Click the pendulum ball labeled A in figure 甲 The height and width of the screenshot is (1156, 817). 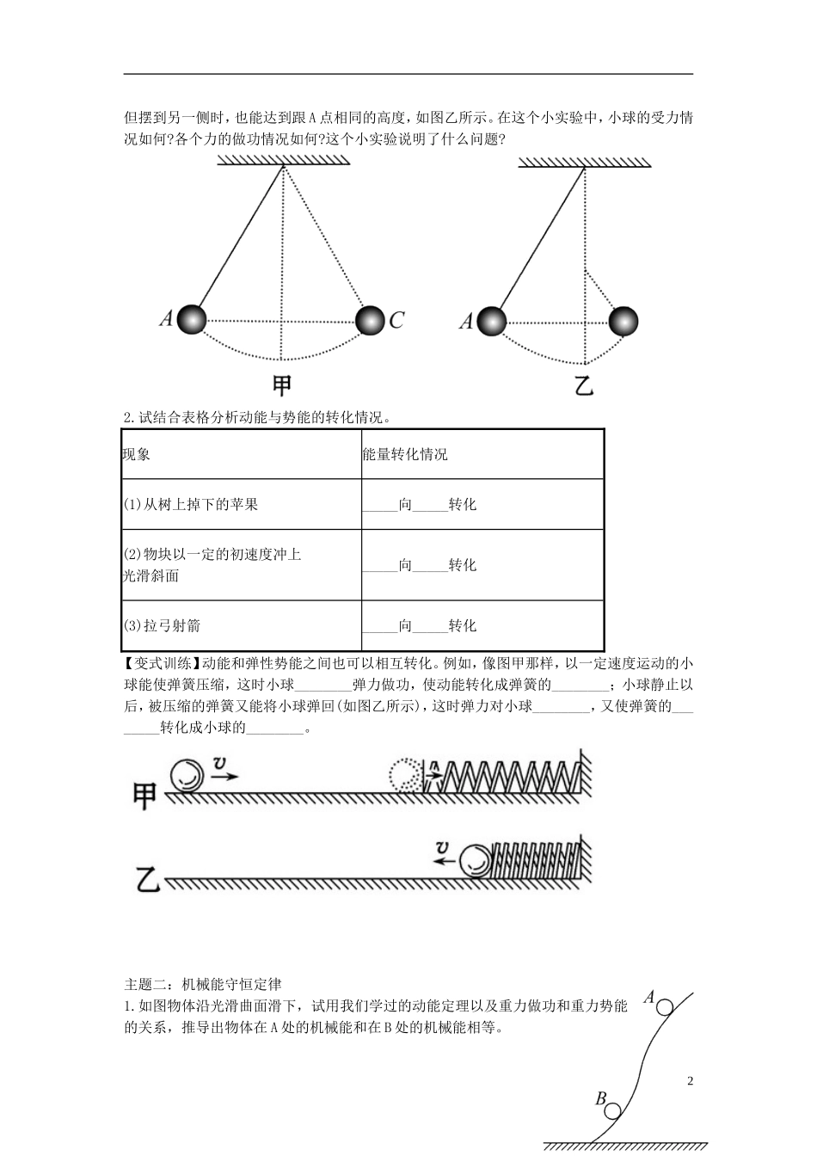pos(191,319)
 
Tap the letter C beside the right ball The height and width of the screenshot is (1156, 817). pos(396,321)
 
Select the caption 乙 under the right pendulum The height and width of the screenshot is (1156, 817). pos(584,384)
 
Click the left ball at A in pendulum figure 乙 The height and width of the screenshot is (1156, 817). pos(491,321)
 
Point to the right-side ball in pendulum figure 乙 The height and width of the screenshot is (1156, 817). pos(623,322)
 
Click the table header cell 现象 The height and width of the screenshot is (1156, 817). pos(137,454)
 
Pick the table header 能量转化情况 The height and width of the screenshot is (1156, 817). pos(405,454)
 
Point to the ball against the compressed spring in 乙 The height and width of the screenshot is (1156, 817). pos(474,861)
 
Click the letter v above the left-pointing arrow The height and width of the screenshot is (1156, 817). pos(442,848)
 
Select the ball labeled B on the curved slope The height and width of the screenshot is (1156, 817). pos(613,1110)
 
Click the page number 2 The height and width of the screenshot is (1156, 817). pos(690,1081)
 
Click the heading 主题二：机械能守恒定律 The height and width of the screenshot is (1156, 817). pos(203,984)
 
